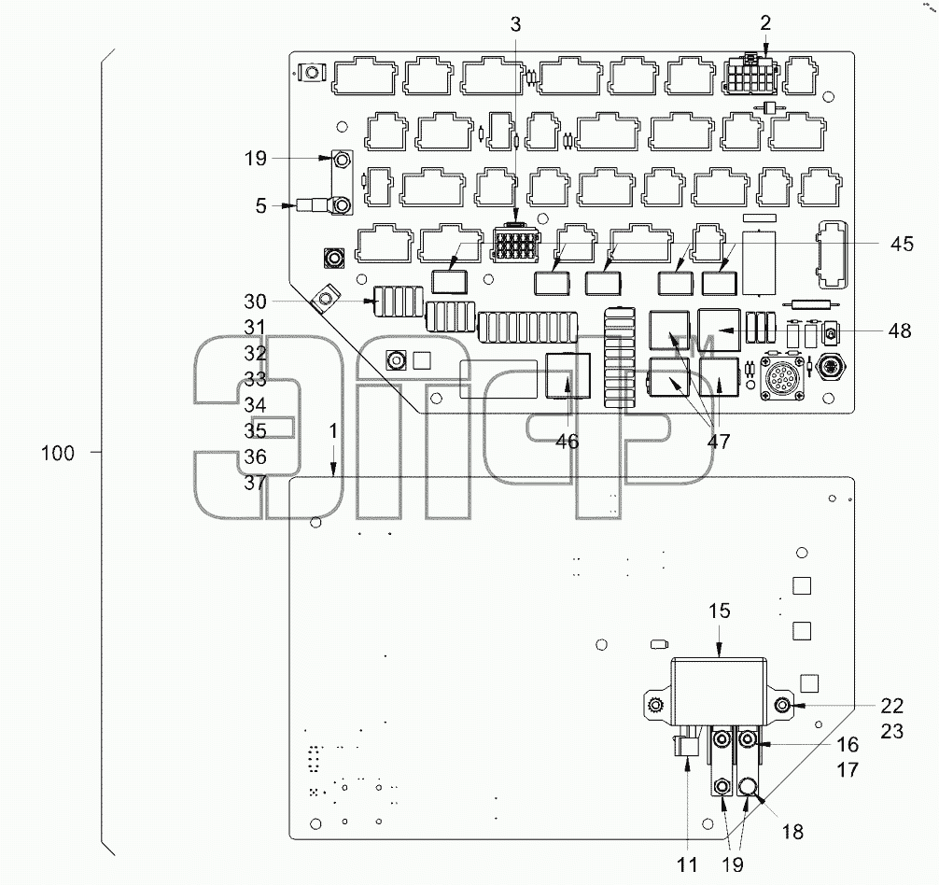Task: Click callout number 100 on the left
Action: coord(58,454)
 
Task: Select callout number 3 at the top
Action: coord(515,24)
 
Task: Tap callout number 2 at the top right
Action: coord(765,23)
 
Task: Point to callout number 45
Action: coord(902,245)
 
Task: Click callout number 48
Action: coord(900,330)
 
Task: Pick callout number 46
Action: coord(567,442)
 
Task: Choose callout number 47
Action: coord(719,442)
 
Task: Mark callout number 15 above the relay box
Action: coord(720,611)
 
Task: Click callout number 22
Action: coord(891,706)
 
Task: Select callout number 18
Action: coord(792,832)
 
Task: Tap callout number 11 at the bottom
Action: coord(687,864)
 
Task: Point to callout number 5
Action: coord(260,206)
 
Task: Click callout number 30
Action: coord(255,302)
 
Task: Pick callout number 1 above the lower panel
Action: coord(333,431)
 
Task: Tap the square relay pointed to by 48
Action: coord(720,330)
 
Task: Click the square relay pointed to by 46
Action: coord(568,375)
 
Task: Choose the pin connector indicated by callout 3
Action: coord(514,245)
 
